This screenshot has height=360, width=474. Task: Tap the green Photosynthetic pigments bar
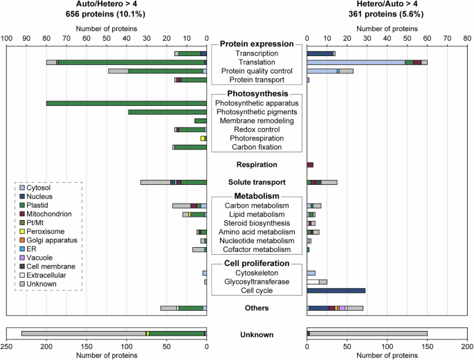click(167, 111)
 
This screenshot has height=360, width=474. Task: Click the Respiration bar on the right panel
click(310, 165)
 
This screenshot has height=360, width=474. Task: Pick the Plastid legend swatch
click(21, 204)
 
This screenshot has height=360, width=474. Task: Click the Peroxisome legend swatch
click(21, 231)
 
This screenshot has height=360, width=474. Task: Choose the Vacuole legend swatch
click(21, 257)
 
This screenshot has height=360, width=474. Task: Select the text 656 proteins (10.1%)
click(106, 14)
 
